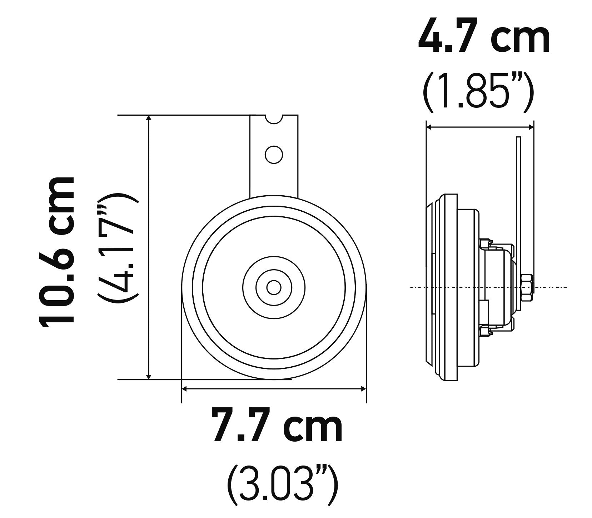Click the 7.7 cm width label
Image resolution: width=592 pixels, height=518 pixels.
pos(277,425)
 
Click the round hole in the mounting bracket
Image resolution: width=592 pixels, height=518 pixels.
pos(274,154)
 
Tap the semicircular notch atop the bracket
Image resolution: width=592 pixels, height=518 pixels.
pos(274,119)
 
